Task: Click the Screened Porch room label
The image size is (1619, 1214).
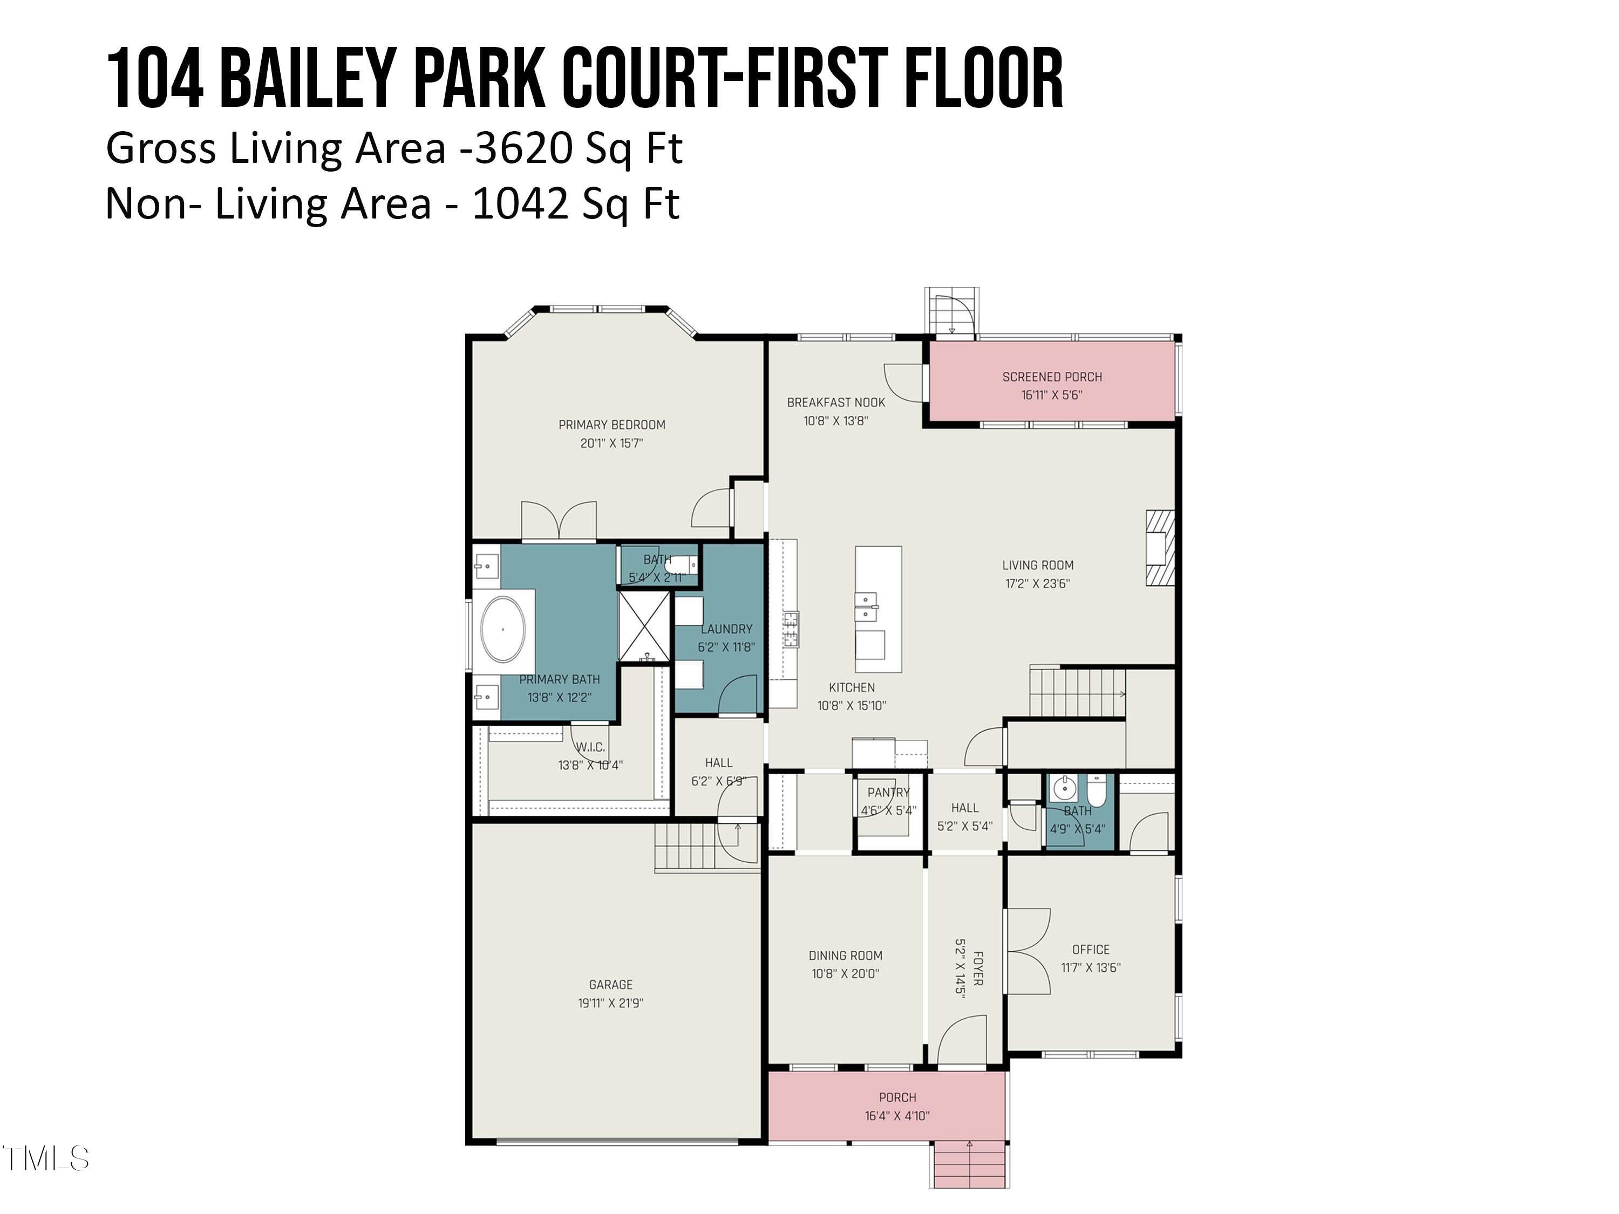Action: point(1052,377)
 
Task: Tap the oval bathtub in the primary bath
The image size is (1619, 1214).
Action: point(503,629)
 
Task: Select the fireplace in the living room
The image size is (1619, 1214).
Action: point(1160,547)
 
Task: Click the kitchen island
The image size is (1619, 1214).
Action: point(878,609)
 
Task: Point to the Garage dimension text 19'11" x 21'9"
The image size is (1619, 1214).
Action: point(610,1002)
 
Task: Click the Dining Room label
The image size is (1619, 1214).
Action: point(845,955)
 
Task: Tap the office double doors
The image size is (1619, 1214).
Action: point(1029,951)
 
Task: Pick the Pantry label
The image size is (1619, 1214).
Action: point(888,793)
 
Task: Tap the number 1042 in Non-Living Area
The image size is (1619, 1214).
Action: point(520,203)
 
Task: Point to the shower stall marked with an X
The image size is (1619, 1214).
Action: point(644,627)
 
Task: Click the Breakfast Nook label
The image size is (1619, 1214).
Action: point(836,403)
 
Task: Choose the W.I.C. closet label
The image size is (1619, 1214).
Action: point(590,747)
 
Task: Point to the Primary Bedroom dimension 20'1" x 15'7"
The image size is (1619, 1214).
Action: point(611,443)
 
